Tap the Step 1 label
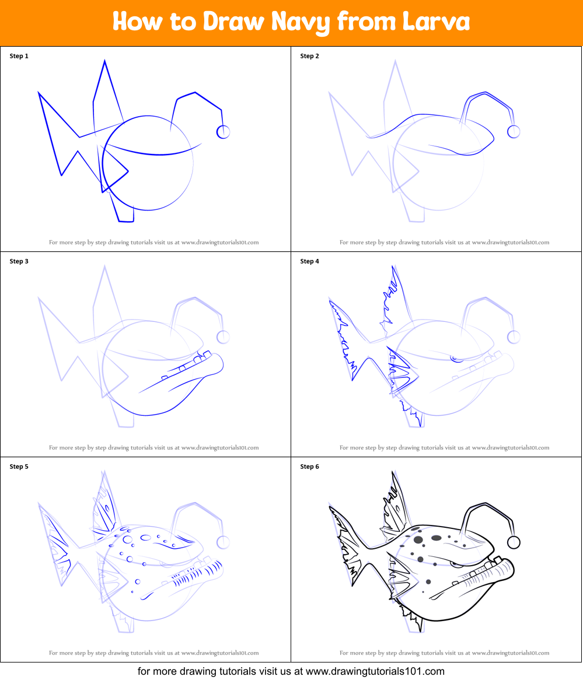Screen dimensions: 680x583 19,56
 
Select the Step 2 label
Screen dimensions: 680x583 309,56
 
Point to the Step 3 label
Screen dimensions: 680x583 19,261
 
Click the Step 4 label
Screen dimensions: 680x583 309,261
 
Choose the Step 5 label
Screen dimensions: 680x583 19,467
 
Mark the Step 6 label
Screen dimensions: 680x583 309,467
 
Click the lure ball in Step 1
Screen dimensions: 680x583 223,132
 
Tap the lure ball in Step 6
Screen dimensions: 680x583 514,542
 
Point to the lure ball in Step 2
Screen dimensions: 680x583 514,132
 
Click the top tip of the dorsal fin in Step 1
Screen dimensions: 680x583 105,61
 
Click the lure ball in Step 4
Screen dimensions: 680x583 514,337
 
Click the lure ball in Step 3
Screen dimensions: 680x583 223,337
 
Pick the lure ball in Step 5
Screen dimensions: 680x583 223,542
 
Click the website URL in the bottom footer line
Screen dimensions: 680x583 375,671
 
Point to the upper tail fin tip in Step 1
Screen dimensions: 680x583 39,92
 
